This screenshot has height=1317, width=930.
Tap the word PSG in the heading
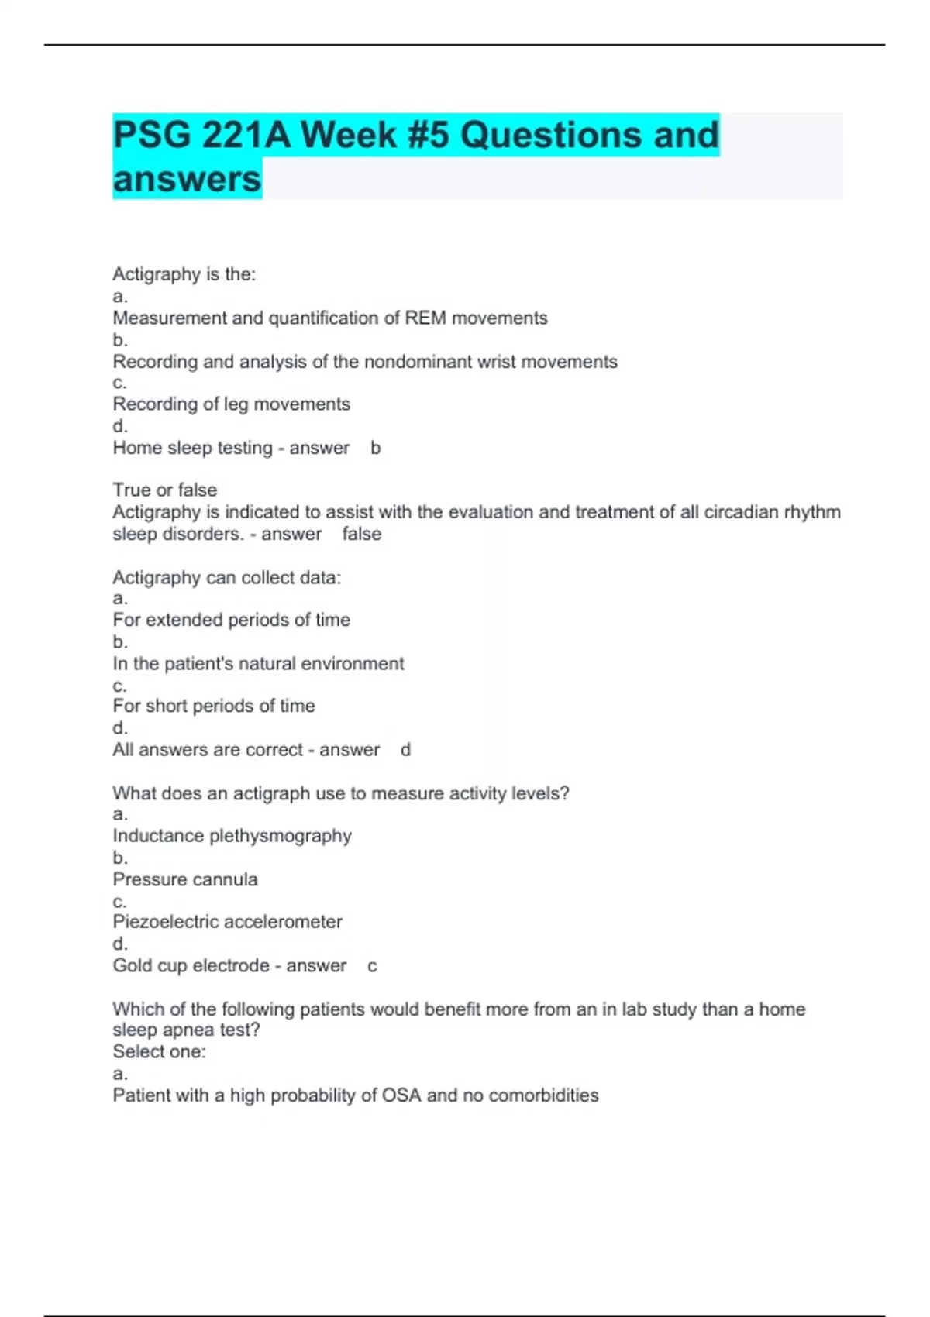151,135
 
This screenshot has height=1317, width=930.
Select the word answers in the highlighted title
187,179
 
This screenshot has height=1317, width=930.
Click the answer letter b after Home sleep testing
376,448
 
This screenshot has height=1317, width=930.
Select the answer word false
362,534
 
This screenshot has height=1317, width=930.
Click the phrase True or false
164,490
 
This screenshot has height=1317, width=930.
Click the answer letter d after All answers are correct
405,750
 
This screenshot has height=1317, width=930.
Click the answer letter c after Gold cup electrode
372,966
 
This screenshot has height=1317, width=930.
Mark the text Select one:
159,1051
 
